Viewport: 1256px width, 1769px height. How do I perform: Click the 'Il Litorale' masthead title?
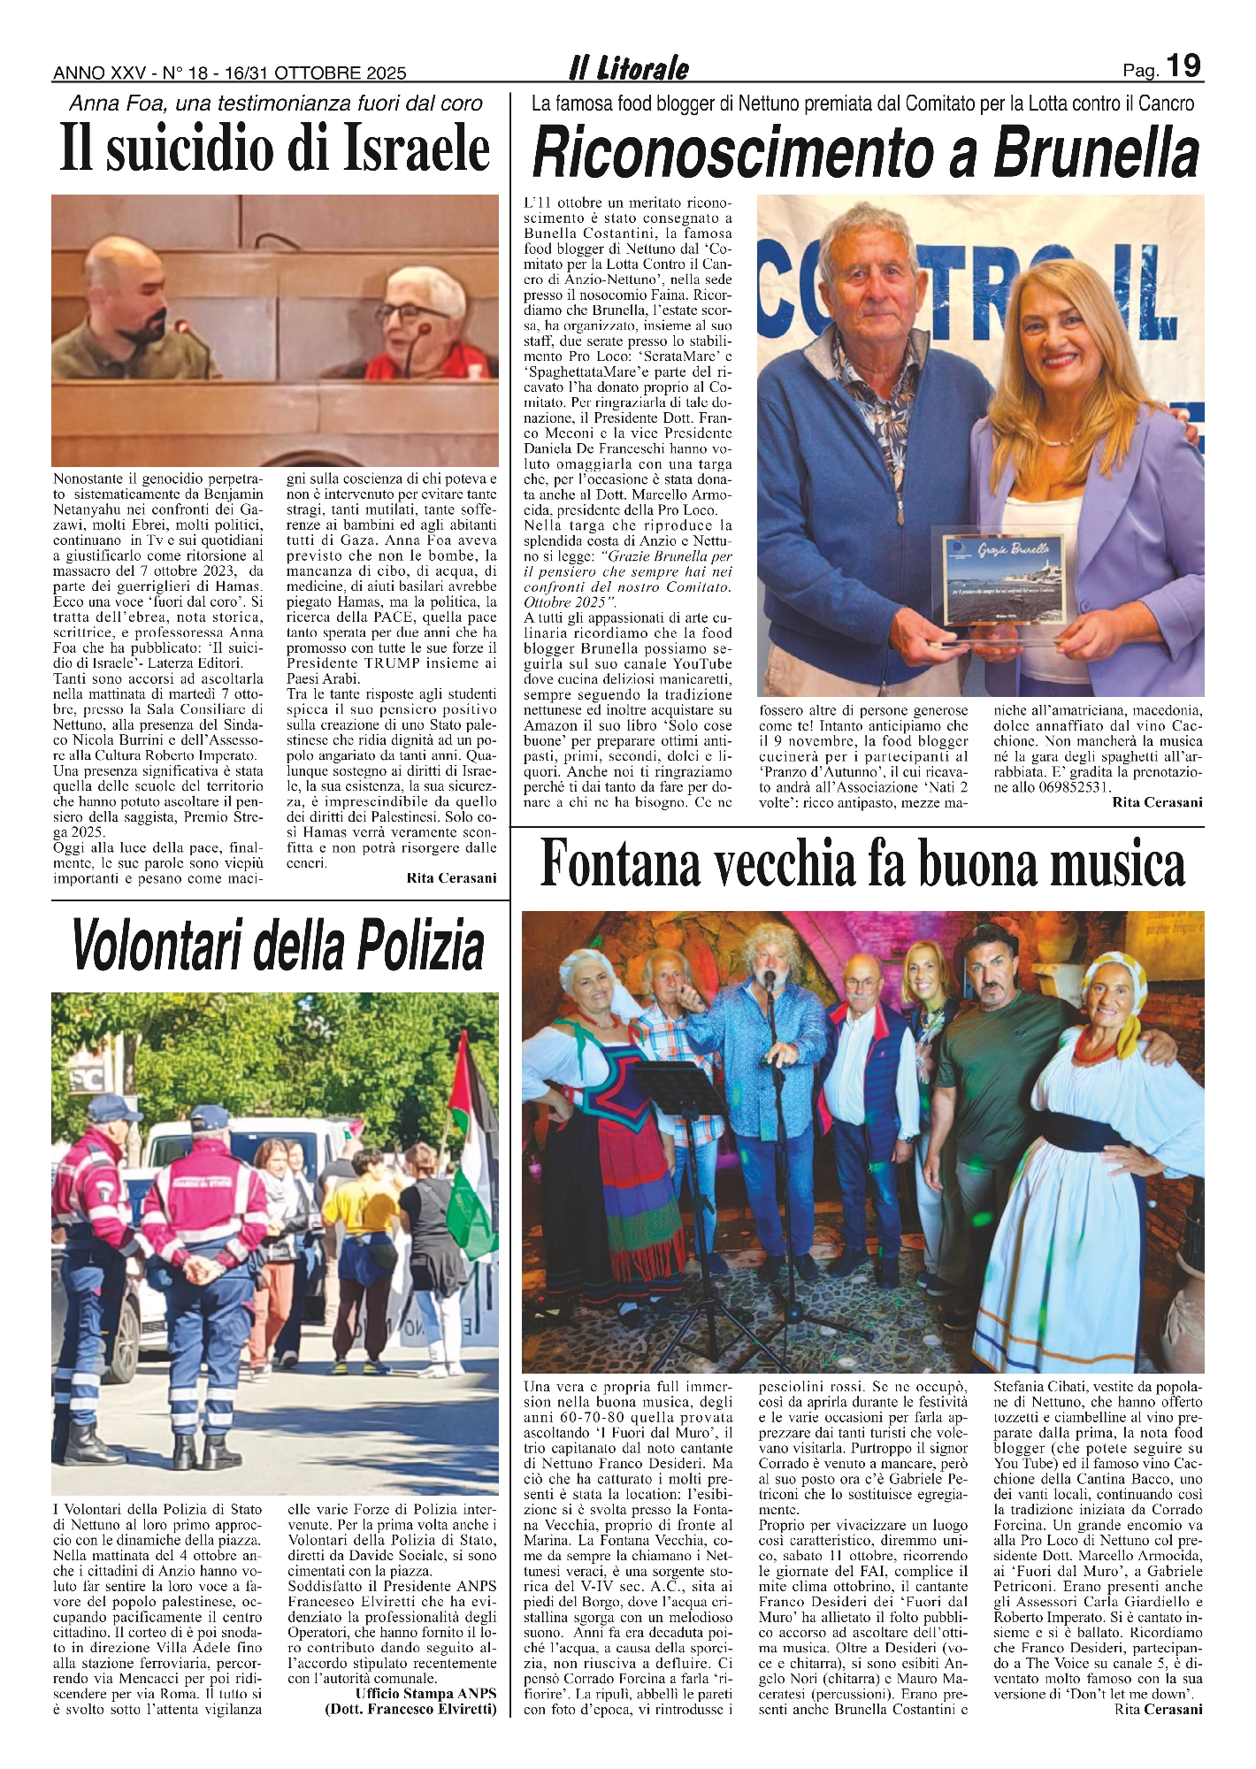pos(628,68)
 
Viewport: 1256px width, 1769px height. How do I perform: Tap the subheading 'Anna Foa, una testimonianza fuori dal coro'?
pos(276,103)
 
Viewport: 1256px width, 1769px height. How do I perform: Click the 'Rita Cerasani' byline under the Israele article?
pos(452,877)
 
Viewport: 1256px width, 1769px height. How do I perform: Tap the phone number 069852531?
pos(1063,786)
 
